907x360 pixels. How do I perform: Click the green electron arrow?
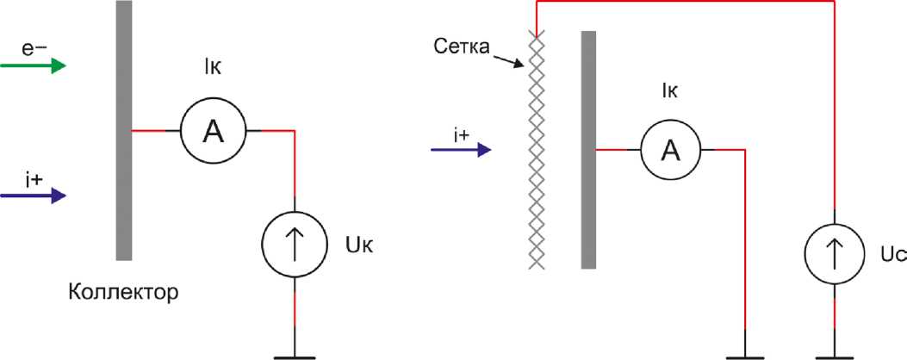[x=33, y=66]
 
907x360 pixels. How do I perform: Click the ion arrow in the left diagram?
[x=33, y=196]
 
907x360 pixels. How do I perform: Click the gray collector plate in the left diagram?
[x=124, y=129]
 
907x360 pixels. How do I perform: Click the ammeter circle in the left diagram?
[x=213, y=130]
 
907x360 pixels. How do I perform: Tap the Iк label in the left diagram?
[x=213, y=90]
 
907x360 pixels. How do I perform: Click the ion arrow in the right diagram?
[x=461, y=150]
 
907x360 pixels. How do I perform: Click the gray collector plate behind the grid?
[x=589, y=149]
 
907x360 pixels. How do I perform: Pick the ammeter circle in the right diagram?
[x=669, y=150]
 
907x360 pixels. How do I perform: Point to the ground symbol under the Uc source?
[x=835, y=352]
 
